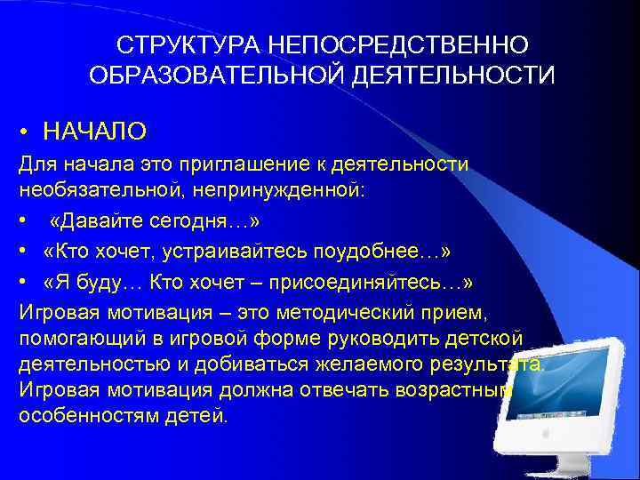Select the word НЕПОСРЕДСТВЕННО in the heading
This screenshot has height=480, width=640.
[x=391, y=44]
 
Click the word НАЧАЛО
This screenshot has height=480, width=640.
[x=95, y=132]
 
